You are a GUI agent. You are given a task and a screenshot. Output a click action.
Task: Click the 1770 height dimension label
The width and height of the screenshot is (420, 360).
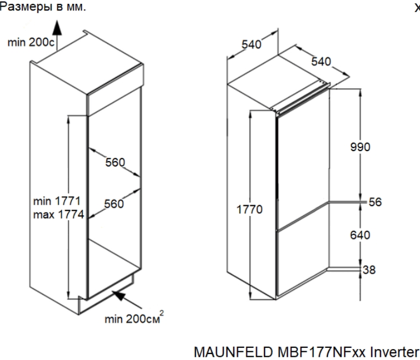click(249, 210)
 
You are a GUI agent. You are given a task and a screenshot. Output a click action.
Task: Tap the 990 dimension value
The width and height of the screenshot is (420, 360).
click(360, 147)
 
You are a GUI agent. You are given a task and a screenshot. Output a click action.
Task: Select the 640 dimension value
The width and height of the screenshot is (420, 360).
click(360, 235)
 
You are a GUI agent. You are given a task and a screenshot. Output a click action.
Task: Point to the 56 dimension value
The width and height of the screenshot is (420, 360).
click(375, 202)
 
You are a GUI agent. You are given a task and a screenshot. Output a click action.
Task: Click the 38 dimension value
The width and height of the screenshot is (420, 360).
click(369, 270)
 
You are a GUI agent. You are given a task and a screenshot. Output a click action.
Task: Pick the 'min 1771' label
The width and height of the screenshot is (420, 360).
click(57, 201)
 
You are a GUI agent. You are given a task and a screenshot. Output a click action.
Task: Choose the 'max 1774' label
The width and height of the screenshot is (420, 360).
click(59, 214)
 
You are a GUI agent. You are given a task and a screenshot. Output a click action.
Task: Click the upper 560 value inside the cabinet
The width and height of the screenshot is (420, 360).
click(115, 162)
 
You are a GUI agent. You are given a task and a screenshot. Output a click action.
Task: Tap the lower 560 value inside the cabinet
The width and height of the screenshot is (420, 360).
click(114, 204)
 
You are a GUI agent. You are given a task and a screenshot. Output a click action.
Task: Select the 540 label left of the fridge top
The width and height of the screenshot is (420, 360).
click(251, 44)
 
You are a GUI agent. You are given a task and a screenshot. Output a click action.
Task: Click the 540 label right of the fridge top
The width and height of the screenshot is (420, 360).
click(321, 62)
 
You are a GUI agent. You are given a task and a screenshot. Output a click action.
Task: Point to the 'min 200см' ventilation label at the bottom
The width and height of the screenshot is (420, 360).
click(132, 319)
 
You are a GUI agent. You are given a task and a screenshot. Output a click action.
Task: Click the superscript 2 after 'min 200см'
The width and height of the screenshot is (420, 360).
click(162, 313)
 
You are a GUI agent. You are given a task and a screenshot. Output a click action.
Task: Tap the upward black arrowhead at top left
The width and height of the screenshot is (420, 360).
click(57, 28)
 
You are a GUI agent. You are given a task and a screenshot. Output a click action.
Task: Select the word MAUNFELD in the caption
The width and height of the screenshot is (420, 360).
click(233, 352)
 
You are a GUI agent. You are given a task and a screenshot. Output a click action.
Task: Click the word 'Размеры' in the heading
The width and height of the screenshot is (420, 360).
click(26, 7)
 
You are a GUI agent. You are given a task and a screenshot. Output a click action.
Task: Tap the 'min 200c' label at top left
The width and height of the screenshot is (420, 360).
click(31, 42)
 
